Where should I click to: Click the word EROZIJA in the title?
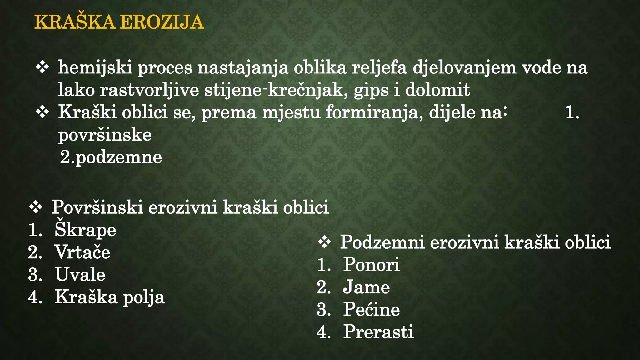162,22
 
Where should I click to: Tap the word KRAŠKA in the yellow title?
75,22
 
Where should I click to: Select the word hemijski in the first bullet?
95,68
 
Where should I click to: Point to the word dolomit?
437,90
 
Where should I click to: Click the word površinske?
105,135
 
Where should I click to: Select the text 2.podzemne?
111,157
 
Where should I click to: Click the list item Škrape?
85,230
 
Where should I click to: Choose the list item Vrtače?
82,252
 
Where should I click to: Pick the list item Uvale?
80,275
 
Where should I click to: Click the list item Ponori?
371,265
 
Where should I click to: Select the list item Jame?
366,287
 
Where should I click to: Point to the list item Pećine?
371,309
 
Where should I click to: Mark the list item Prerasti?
378,332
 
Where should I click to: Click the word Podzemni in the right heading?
382,242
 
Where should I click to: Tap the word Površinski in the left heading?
97,207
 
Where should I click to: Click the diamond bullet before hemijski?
42,67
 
